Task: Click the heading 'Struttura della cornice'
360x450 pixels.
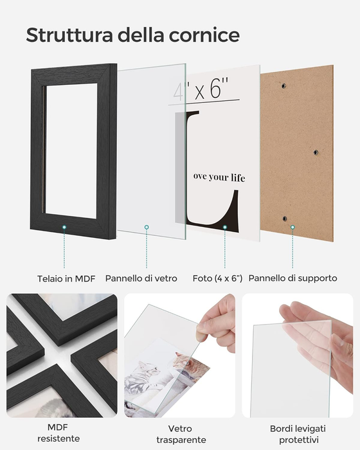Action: click(132, 35)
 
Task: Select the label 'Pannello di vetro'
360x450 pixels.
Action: click(143, 278)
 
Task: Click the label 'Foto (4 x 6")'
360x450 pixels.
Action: click(217, 278)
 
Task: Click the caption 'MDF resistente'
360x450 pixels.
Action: click(62, 433)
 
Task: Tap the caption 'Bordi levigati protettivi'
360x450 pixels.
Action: click(297, 433)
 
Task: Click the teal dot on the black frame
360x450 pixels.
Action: click(65, 227)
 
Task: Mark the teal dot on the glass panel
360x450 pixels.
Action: click(147, 227)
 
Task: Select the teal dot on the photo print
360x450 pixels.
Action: click(224, 227)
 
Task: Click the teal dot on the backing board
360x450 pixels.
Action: click(292, 227)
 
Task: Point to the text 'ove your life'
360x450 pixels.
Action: click(219, 177)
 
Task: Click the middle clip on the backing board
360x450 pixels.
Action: click(315, 152)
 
